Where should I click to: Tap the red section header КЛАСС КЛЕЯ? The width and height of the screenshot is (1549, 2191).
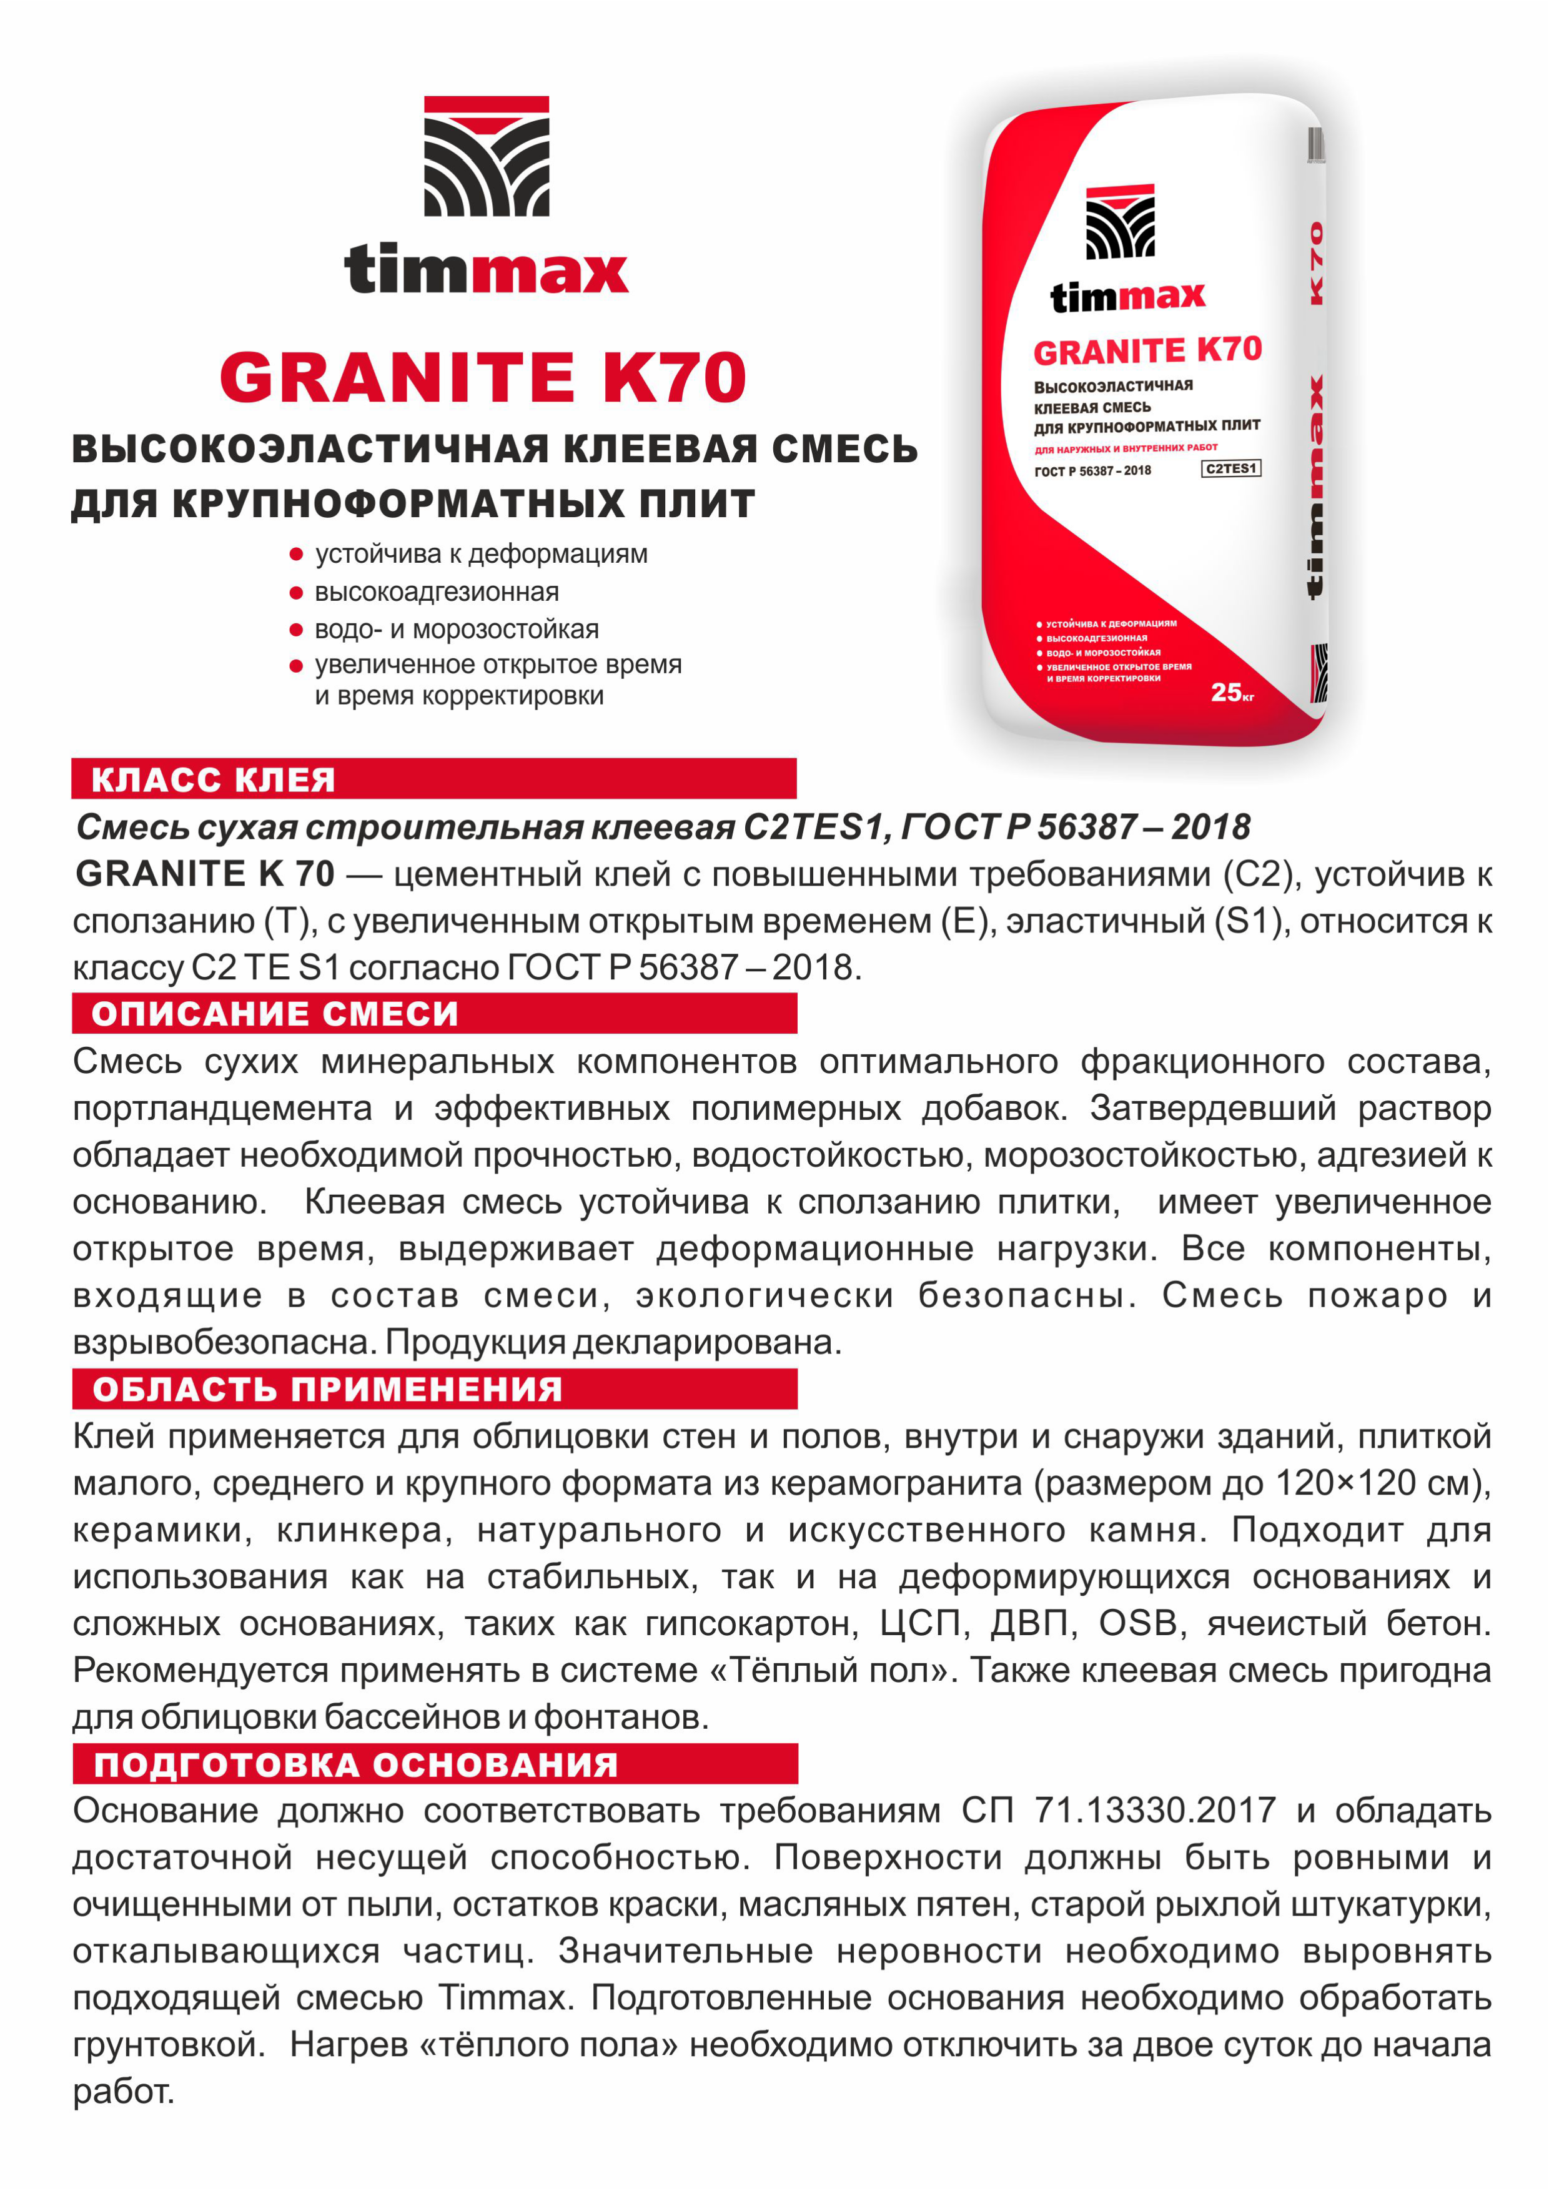[x=213, y=779]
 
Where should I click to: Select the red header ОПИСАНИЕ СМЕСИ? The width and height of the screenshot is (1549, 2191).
[x=275, y=1014]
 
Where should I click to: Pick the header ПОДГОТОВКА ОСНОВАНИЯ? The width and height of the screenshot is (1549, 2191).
[x=356, y=1764]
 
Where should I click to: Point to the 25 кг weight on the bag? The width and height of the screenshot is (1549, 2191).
[x=1231, y=692]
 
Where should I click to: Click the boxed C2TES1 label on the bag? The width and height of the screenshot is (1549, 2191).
[x=1230, y=468]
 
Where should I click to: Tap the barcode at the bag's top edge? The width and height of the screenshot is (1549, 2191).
[x=1315, y=145]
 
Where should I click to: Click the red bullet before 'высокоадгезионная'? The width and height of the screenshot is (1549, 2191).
[x=296, y=593]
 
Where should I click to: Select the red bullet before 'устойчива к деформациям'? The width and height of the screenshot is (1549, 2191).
[x=296, y=555]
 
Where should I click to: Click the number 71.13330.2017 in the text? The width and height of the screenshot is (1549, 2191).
[x=1155, y=1810]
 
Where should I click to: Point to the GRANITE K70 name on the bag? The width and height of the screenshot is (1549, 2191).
[x=1147, y=351]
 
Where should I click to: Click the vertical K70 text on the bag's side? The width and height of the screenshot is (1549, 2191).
[x=1316, y=262]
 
